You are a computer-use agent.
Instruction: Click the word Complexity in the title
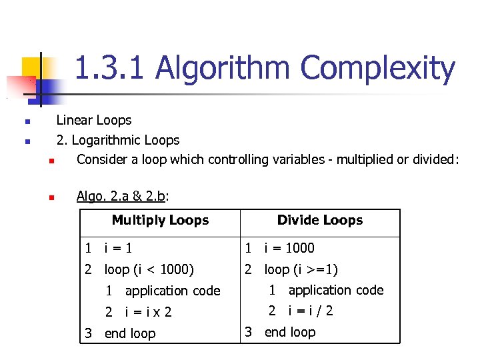point(378,69)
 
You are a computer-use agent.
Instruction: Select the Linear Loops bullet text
point(94,121)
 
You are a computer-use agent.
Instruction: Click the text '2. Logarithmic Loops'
point(118,140)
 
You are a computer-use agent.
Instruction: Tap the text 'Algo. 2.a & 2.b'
point(123,196)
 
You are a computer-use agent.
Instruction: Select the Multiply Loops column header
point(160,221)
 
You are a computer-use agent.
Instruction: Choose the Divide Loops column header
point(320,221)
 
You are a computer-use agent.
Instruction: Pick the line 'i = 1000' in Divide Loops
point(289,248)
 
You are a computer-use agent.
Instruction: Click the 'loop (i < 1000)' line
point(149,270)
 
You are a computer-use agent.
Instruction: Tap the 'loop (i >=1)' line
point(301,269)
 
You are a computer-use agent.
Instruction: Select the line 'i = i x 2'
point(148,312)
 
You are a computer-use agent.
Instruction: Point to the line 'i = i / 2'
point(310,311)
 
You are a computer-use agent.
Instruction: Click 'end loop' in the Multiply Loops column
point(130,333)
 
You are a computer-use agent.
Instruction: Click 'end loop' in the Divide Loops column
point(290,332)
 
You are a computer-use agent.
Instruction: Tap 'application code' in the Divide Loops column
point(336,290)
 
